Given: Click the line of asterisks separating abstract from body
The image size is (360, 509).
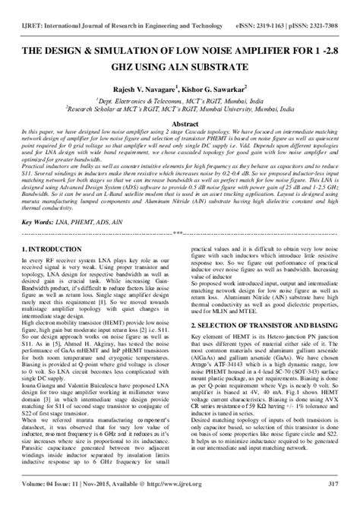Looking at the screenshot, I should (180, 233).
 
